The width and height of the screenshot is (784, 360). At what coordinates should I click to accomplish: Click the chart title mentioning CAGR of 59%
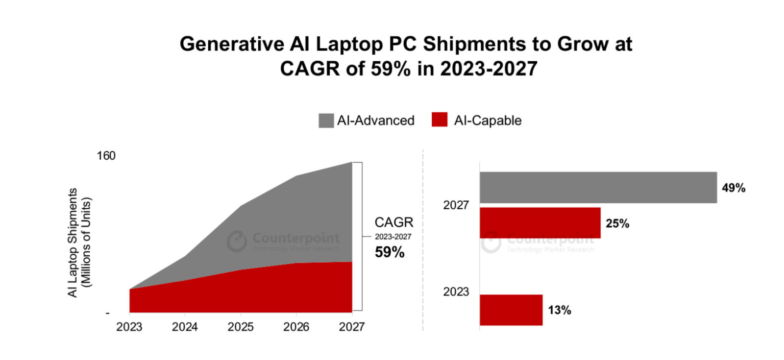(406, 56)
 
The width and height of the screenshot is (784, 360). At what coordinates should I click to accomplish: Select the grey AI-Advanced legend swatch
(326, 120)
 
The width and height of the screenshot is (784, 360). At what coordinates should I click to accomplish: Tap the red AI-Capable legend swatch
(440, 120)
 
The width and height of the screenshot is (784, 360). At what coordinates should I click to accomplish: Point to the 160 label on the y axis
(106, 156)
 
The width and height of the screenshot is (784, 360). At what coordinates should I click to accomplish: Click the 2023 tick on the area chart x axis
(129, 327)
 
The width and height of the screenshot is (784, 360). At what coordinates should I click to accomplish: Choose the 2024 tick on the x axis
(185, 327)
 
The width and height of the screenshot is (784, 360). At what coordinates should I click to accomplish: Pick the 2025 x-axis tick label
(241, 327)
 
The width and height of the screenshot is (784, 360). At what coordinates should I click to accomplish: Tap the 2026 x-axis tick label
(296, 327)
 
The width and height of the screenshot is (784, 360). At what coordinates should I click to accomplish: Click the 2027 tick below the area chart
(351, 327)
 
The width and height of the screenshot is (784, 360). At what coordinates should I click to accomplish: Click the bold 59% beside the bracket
(390, 252)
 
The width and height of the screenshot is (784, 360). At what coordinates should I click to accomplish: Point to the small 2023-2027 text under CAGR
(393, 237)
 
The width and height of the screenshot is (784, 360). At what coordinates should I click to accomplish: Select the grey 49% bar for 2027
(598, 188)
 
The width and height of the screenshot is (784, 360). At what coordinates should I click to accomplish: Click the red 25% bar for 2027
(539, 223)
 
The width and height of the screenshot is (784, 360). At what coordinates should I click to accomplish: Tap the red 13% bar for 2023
(511, 310)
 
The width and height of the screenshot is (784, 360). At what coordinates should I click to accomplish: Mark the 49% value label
(734, 188)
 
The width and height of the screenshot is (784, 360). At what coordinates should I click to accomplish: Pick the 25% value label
(617, 224)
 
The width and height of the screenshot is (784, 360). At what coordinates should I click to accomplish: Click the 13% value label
(560, 310)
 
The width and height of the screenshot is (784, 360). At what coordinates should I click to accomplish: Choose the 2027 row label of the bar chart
(456, 205)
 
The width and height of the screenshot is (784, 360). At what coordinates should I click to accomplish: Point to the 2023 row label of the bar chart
(456, 292)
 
